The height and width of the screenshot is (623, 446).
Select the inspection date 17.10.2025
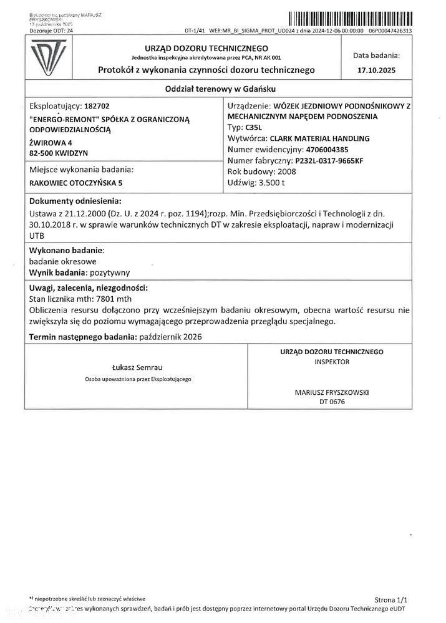pyautogui.click(x=376, y=71)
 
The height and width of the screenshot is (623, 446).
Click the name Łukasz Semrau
pyautogui.click(x=137, y=367)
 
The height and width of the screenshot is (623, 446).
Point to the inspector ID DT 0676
pyautogui.click(x=331, y=402)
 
